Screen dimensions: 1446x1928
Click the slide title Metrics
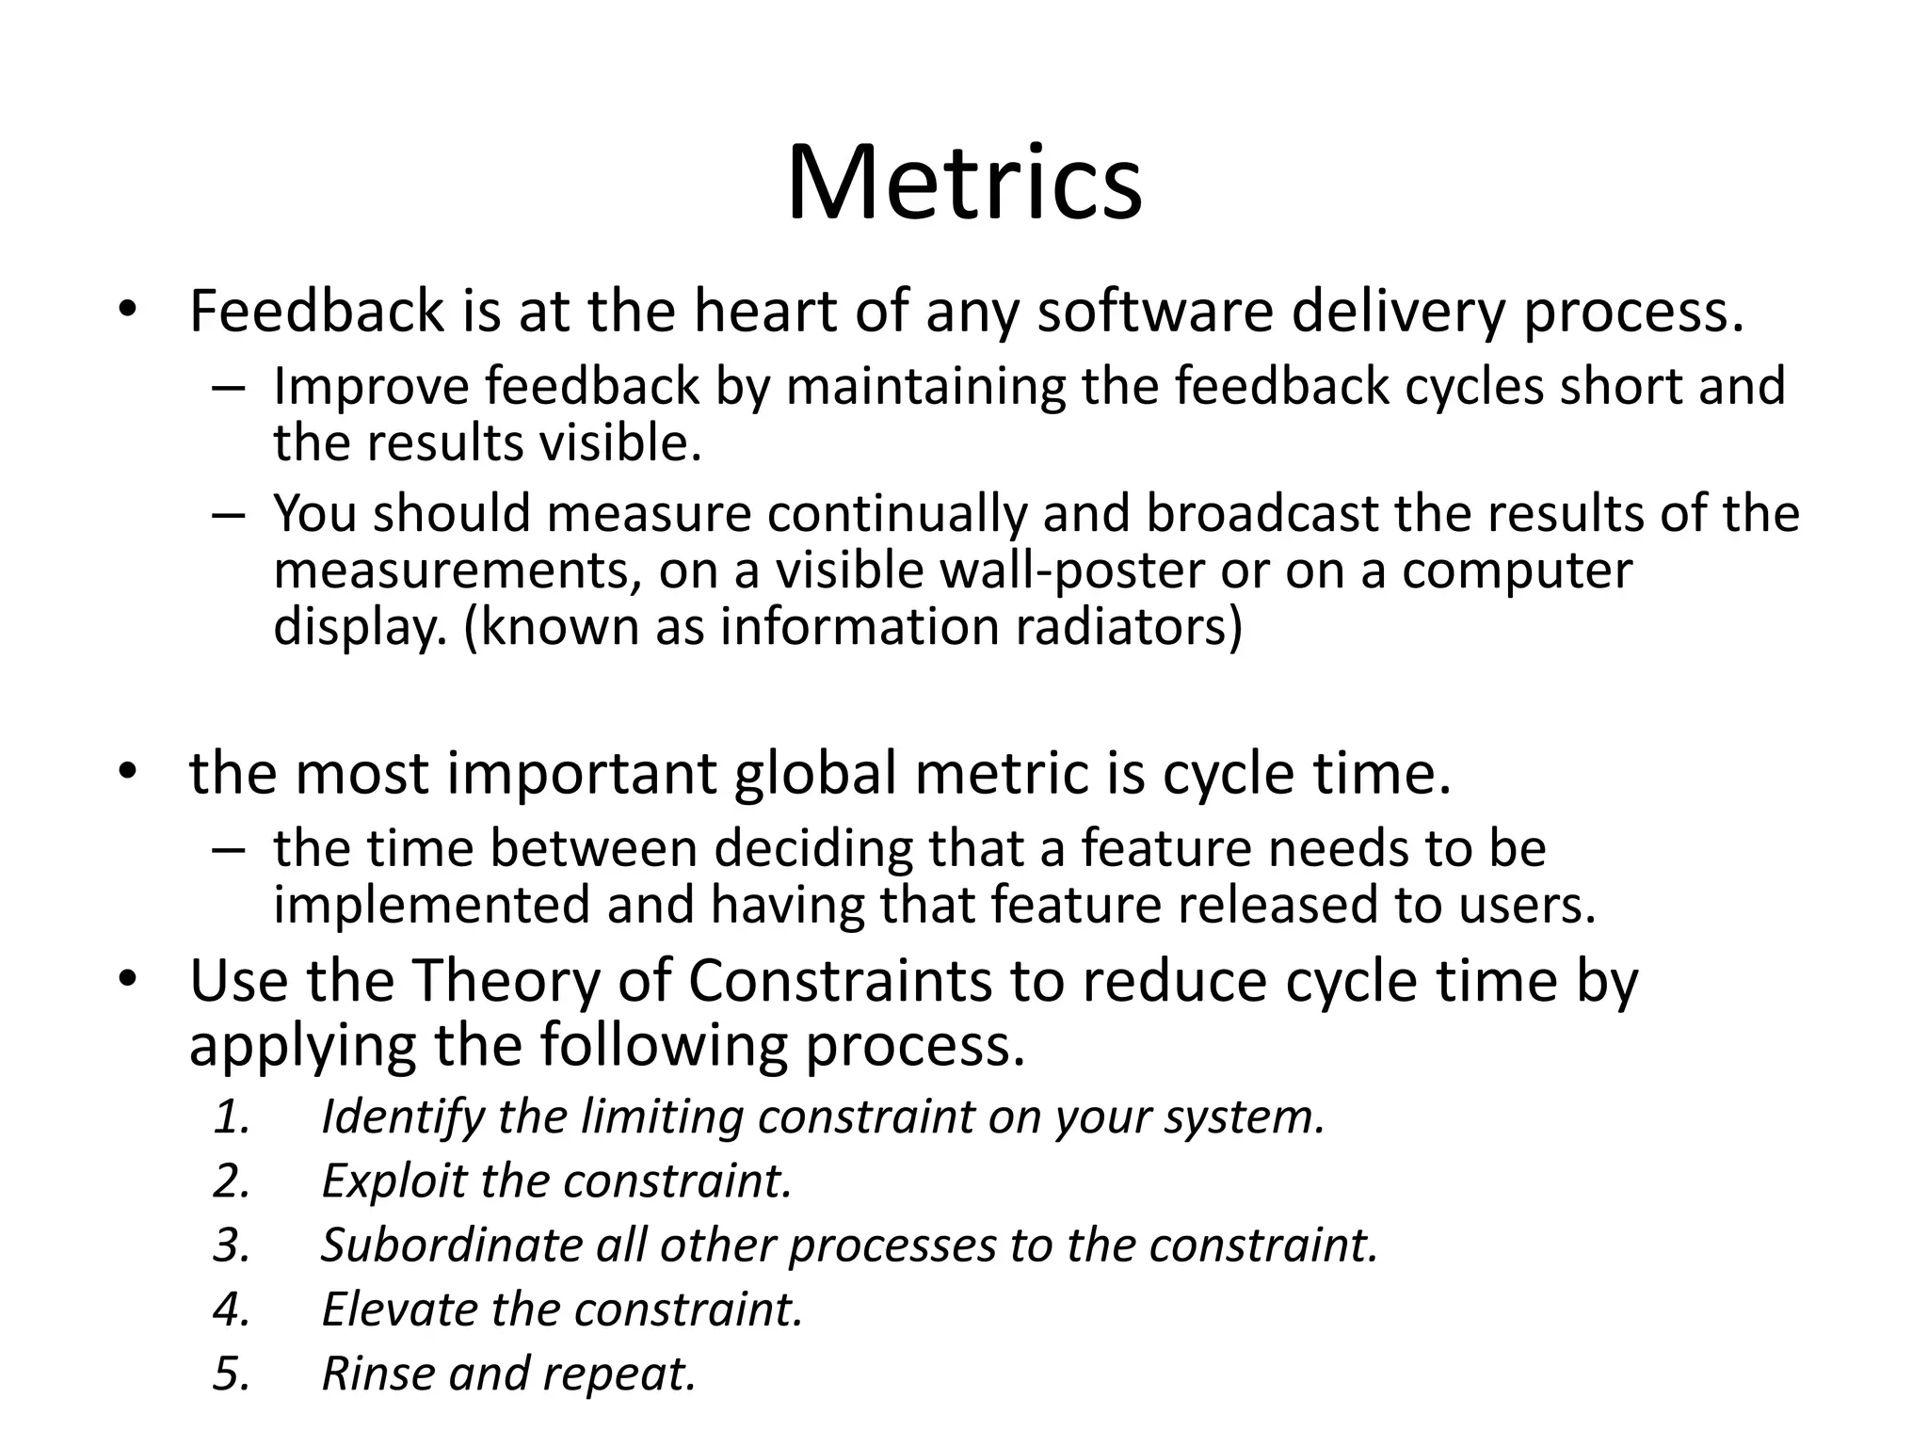point(964,183)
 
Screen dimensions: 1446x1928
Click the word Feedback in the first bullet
point(316,312)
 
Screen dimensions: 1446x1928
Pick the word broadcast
point(1261,514)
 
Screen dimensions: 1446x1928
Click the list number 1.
point(231,1117)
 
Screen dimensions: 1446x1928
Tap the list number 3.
point(231,1245)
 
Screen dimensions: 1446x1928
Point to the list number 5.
point(231,1374)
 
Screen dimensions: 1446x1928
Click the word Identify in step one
point(401,1117)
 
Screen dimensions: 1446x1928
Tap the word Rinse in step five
point(377,1374)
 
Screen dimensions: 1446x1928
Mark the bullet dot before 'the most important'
point(128,771)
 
